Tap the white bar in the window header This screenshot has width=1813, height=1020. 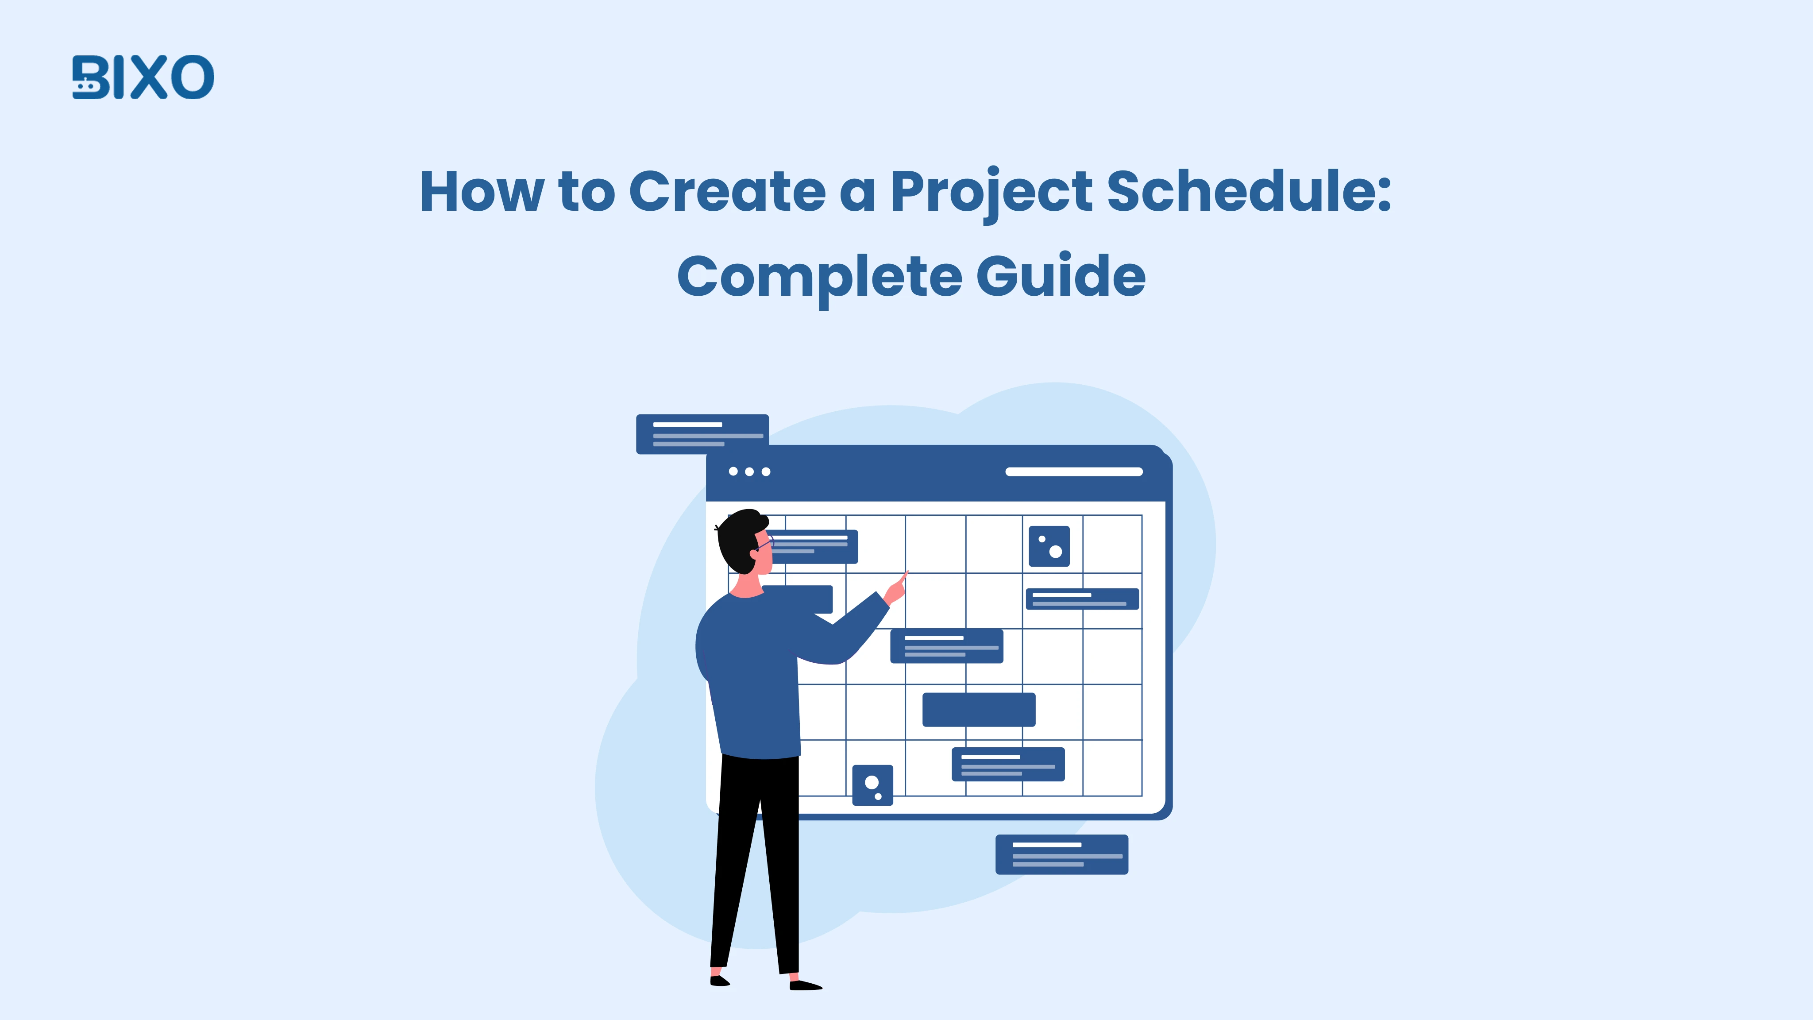1073,471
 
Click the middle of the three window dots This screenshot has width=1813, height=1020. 749,471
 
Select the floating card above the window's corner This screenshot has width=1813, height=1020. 702,433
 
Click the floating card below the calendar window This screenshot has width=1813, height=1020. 1061,854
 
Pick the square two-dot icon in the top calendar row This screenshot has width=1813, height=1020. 1049,546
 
